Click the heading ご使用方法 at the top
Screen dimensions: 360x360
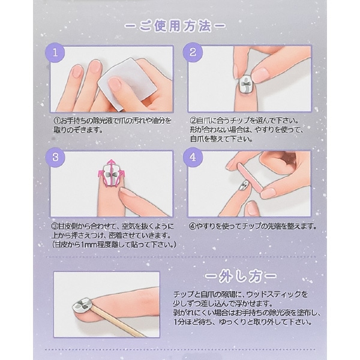175,26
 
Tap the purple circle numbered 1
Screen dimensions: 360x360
55,53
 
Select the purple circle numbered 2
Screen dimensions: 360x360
193,52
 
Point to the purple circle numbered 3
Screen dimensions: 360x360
55,157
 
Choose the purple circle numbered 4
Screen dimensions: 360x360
193,157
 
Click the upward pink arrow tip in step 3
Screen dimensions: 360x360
112,161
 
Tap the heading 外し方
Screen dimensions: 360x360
241,277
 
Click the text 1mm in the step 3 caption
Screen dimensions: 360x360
87,245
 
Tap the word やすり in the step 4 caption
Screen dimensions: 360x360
206,227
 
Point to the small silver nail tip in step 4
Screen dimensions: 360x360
243,185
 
